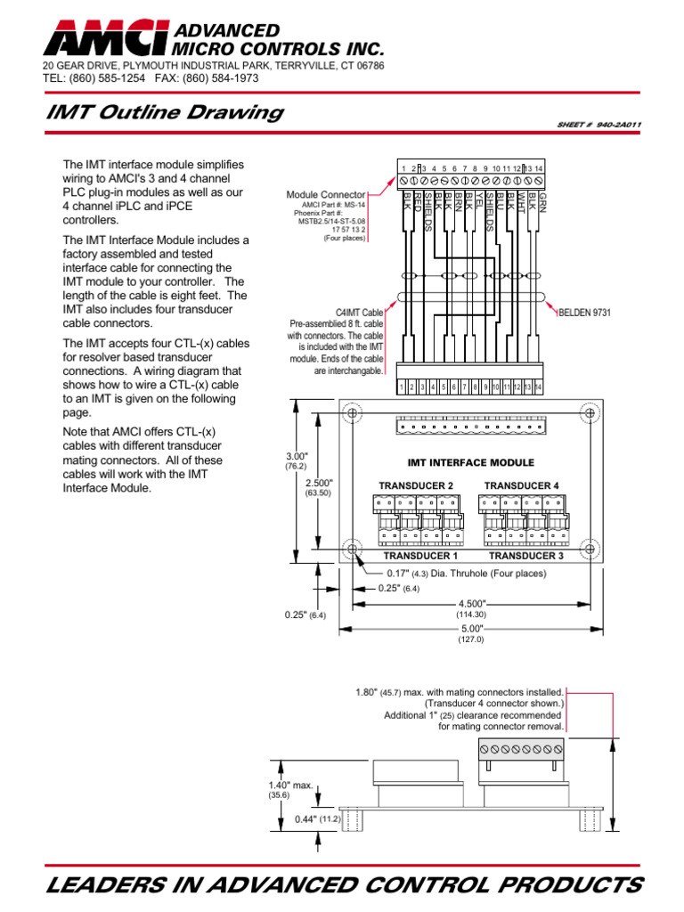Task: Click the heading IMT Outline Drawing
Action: [164, 113]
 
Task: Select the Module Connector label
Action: [325, 194]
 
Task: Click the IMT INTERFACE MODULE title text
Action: [470, 463]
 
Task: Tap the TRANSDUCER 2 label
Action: [416, 485]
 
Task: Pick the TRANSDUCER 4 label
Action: [521, 485]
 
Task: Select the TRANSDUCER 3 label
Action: [525, 556]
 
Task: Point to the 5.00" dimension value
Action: [469, 629]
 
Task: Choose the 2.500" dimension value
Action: [318, 483]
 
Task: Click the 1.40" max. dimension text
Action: [291, 786]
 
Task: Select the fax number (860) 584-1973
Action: [218, 78]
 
